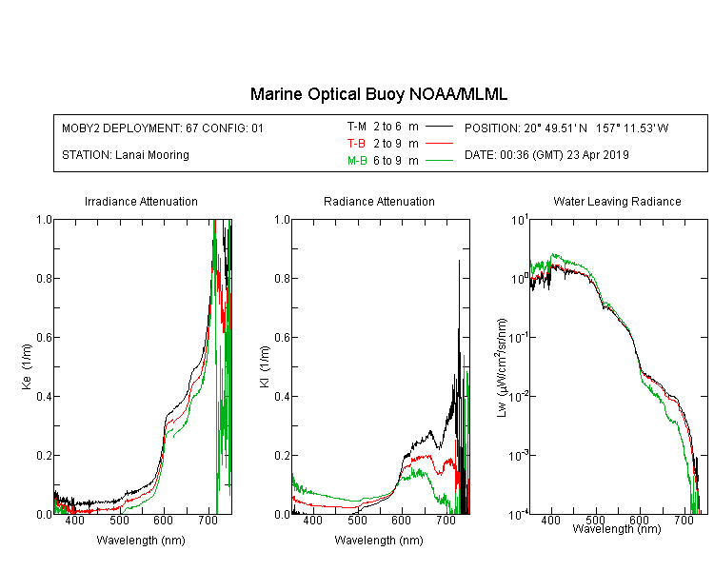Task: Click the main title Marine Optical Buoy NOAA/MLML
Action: (378, 94)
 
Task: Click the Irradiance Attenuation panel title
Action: (141, 201)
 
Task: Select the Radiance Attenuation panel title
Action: (379, 201)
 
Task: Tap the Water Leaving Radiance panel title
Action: (617, 201)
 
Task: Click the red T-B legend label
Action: (356, 144)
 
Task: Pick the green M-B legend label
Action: (357, 160)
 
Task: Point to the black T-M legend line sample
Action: (439, 127)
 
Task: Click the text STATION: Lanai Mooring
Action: (126, 155)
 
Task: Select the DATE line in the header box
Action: (546, 155)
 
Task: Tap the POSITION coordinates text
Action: (566, 128)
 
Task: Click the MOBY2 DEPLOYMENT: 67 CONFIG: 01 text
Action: (163, 128)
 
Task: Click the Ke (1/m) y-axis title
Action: (27, 366)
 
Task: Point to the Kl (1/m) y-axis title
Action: (265, 366)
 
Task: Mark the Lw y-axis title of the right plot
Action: (501, 367)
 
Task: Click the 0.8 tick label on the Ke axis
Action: (44, 278)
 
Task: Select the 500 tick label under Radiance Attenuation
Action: (357, 520)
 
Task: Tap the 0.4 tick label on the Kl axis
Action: (283, 396)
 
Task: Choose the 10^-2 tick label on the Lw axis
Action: (519, 395)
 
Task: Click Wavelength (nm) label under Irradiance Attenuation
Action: (141, 541)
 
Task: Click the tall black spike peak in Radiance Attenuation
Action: (459, 261)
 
